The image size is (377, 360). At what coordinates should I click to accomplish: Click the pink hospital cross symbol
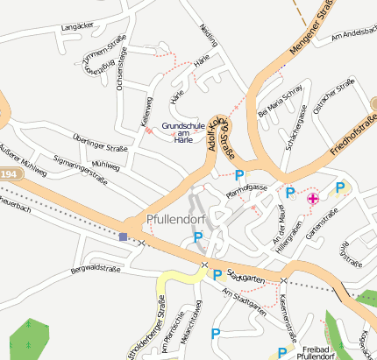312,199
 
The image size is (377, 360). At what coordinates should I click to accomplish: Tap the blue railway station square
123,236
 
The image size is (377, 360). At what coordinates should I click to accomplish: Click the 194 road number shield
8,176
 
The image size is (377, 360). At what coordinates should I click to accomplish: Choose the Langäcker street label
76,28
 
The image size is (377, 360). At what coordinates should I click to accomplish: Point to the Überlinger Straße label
100,143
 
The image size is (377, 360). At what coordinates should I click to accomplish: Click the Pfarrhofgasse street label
245,187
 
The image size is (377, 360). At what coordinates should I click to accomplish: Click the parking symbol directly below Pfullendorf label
198,236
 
